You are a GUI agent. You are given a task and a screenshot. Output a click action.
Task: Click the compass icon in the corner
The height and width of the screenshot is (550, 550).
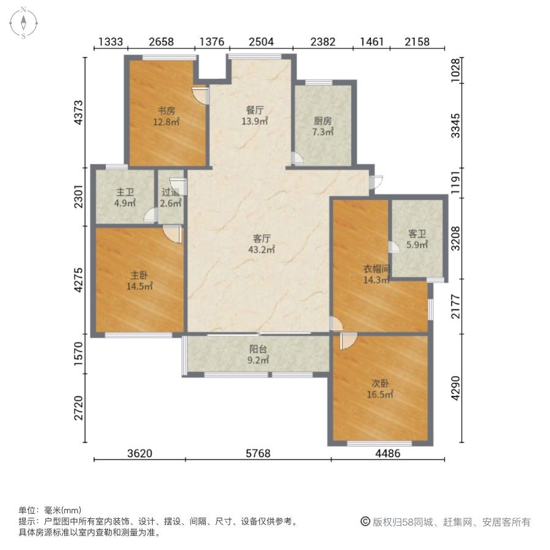(23, 23)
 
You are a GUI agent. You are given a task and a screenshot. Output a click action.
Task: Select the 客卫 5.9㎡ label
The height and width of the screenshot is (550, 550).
(417, 239)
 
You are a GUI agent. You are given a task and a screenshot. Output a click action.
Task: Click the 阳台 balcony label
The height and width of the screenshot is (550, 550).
(257, 356)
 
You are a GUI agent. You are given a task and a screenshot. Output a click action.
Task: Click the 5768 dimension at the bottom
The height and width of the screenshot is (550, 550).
(258, 453)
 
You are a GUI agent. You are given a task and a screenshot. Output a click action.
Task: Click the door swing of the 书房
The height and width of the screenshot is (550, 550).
(200, 95)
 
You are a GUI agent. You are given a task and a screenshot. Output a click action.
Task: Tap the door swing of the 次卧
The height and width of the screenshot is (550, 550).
(346, 341)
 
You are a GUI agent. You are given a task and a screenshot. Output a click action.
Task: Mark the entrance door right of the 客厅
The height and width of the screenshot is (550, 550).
(376, 181)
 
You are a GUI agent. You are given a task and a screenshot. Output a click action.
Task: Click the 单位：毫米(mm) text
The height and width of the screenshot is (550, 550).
(50, 510)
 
